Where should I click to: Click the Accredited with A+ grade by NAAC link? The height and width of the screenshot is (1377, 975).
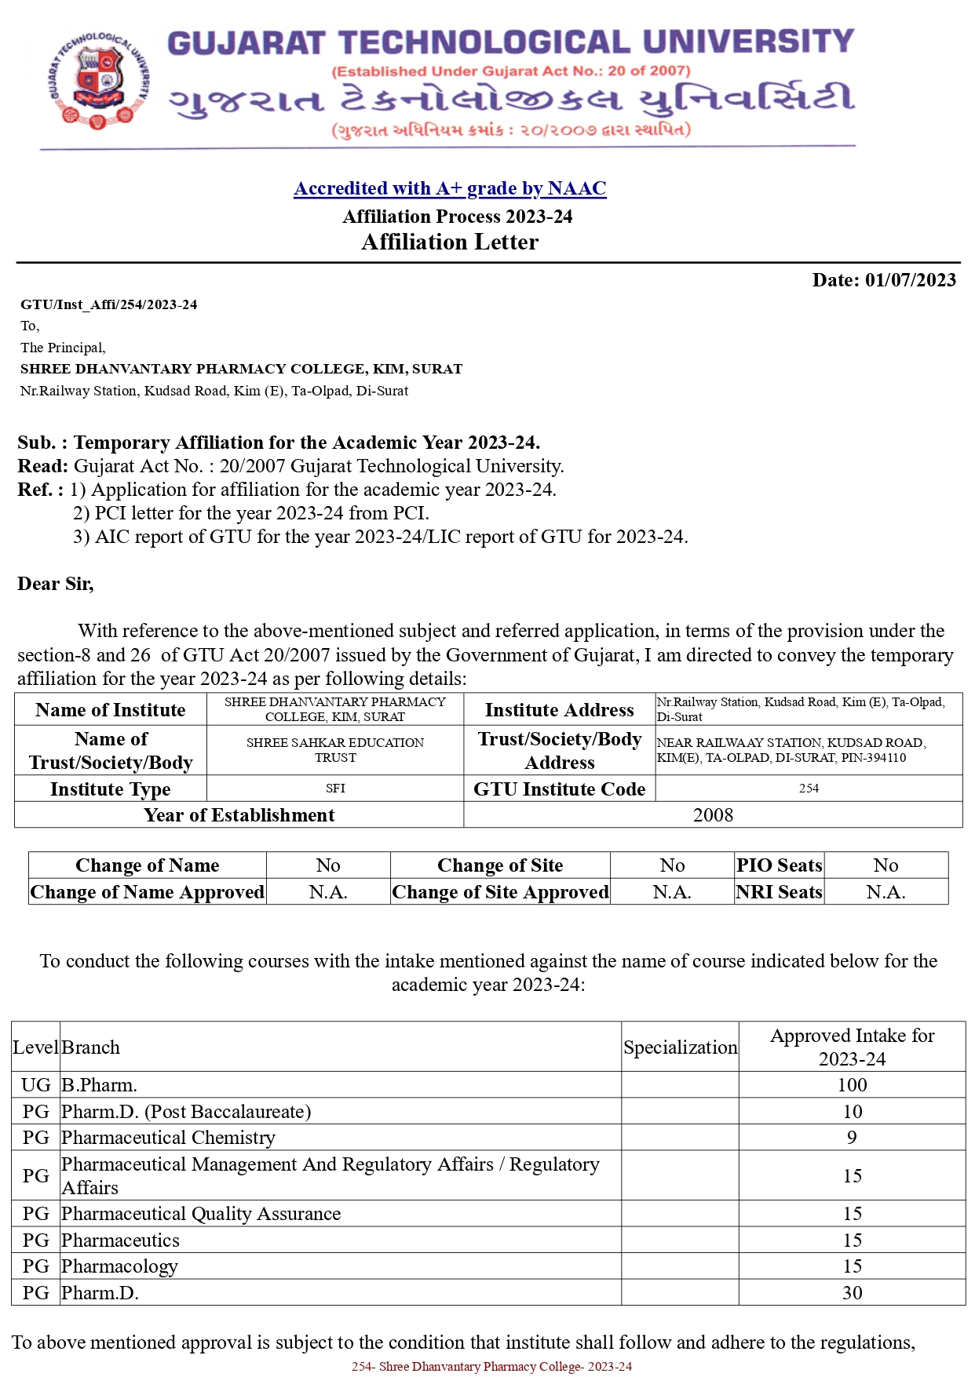[450, 188]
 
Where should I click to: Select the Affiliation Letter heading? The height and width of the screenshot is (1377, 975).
[450, 242]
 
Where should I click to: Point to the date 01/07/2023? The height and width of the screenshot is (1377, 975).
[910, 280]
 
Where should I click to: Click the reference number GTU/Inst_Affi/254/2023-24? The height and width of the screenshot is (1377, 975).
[109, 304]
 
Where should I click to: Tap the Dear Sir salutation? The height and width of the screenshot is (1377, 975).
[56, 584]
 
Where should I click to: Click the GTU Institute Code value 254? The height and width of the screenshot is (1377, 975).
[809, 789]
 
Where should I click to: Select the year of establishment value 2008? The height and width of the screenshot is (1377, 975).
[713, 815]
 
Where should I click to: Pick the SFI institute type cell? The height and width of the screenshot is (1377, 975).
[335, 789]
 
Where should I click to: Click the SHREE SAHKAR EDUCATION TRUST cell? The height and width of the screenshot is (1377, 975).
[335, 750]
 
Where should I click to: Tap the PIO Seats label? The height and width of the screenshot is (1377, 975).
[779, 865]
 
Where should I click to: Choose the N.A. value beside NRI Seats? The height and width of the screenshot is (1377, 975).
[886, 892]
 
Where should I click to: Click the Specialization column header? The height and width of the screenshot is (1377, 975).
[680, 1047]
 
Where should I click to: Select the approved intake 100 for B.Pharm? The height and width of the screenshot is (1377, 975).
[852, 1085]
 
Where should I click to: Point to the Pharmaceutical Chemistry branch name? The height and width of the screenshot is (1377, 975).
[168, 1138]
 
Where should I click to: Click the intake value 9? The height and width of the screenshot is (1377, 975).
[852, 1138]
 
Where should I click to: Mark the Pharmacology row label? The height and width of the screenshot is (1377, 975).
[119, 1266]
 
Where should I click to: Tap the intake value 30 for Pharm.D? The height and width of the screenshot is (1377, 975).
[852, 1293]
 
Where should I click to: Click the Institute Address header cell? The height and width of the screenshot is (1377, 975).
[559, 710]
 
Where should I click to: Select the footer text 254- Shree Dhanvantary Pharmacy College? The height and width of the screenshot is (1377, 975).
[491, 1367]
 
